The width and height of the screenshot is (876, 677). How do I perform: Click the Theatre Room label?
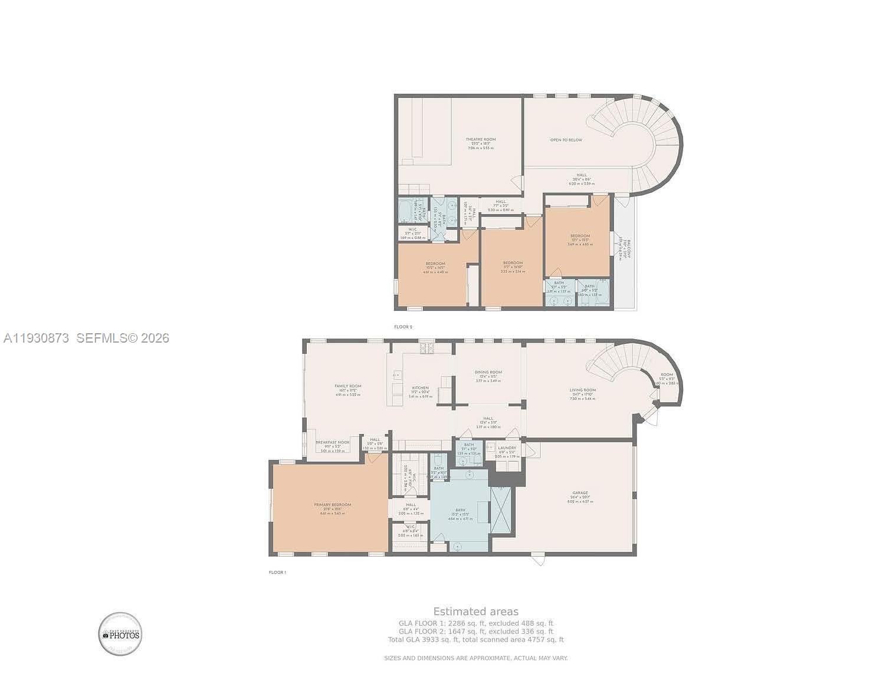click(480, 140)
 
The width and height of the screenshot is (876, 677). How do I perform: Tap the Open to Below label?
click(566, 140)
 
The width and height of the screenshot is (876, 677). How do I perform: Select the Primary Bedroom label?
click(332, 505)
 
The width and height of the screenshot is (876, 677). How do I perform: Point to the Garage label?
click(579, 493)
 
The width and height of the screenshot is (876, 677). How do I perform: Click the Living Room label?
click(582, 390)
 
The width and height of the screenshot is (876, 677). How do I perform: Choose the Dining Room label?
click(488, 372)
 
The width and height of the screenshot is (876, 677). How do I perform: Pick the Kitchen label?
click(420, 388)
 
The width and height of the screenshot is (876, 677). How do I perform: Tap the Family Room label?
click(347, 386)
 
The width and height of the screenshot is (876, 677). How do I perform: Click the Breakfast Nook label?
click(332, 442)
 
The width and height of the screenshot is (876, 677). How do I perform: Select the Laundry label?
click(507, 448)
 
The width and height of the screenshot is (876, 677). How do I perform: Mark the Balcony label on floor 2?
click(628, 248)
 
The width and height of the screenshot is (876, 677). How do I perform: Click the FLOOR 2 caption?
click(403, 327)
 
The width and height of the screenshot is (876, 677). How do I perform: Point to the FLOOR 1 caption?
click(277, 572)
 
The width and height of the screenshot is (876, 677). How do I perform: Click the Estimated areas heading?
click(475, 612)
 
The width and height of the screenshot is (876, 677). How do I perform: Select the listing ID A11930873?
click(36, 338)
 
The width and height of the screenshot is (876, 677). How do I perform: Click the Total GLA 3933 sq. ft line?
click(475, 639)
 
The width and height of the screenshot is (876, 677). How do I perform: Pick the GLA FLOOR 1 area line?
click(475, 623)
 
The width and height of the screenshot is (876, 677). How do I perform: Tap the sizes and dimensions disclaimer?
click(475, 658)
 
